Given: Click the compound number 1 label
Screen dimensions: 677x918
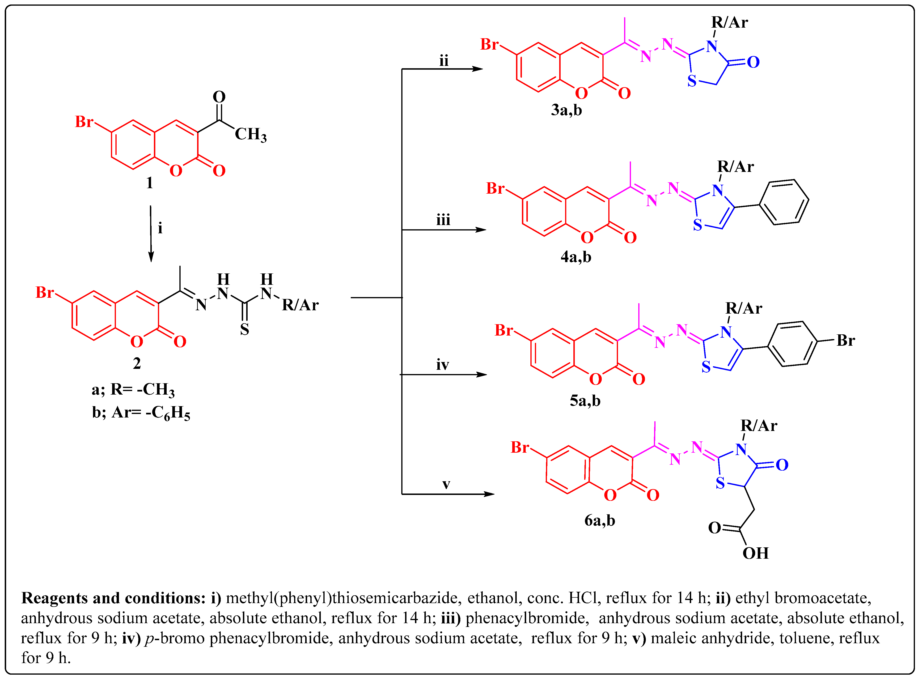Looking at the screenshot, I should [149, 183].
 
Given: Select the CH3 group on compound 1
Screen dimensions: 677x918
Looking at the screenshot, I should [250, 134].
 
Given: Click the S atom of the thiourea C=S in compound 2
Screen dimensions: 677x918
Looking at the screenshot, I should [245, 329].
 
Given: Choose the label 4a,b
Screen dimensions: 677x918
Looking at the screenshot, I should [576, 257].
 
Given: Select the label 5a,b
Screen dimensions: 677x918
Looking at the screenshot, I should [585, 400].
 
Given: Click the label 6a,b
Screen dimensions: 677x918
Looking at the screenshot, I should [600, 520].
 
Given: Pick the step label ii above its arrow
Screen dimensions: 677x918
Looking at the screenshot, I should [444, 61].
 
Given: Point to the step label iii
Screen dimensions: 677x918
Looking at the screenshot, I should [443, 221].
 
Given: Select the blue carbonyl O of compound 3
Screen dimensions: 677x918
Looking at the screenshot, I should [753, 62].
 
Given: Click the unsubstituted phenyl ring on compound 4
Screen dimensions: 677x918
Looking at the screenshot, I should [784, 202].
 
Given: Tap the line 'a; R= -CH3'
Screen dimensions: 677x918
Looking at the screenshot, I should [133, 390].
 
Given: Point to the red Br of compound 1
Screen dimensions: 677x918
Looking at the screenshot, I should [84, 122].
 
